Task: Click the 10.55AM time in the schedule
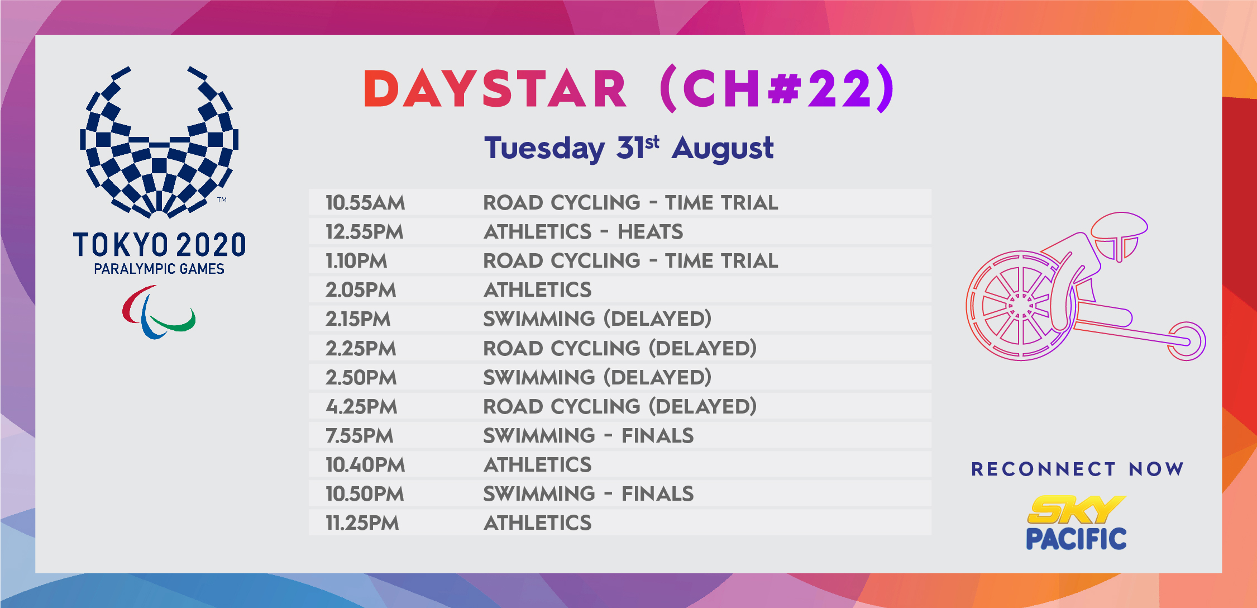pyautogui.click(x=365, y=202)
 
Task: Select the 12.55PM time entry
pyautogui.click(x=364, y=231)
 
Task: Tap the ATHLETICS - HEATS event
pyautogui.click(x=583, y=231)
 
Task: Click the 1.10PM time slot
pyautogui.click(x=356, y=260)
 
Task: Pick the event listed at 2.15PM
pyautogui.click(x=597, y=319)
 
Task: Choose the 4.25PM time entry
pyautogui.click(x=361, y=406)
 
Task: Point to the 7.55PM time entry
pyautogui.click(x=360, y=435)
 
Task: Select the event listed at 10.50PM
pyautogui.click(x=588, y=493)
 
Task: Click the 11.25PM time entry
pyautogui.click(x=362, y=522)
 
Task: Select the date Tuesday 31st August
pyautogui.click(x=629, y=148)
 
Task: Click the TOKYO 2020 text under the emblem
pyautogui.click(x=159, y=245)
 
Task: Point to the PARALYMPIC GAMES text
pyautogui.click(x=159, y=269)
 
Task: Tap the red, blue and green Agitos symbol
pyautogui.click(x=159, y=312)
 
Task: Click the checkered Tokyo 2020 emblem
pyautogui.click(x=159, y=142)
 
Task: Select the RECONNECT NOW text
pyautogui.click(x=1077, y=469)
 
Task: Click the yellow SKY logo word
pyautogui.click(x=1076, y=510)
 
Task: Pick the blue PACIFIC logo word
pyautogui.click(x=1076, y=539)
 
